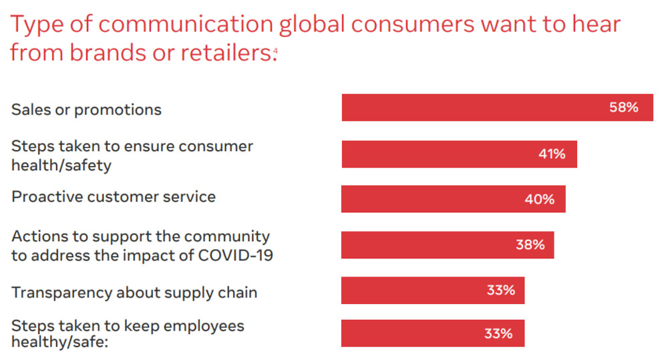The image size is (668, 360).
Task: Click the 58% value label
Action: tap(623, 107)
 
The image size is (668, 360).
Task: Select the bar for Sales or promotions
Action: tap(468, 108)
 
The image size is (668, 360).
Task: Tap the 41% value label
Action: tap(552, 154)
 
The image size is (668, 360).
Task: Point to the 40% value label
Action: tap(540, 199)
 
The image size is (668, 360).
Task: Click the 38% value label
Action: tap(530, 244)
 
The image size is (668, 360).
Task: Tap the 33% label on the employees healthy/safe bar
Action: tap(498, 333)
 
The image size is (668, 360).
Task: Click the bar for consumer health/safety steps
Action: tap(434, 154)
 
